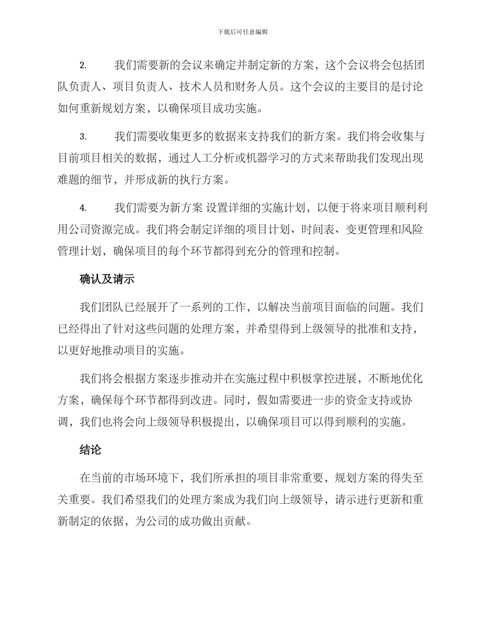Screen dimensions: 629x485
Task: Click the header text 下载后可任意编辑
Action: pos(243,32)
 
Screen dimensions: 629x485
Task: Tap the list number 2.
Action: pos(83,65)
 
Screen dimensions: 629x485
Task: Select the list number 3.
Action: pos(83,137)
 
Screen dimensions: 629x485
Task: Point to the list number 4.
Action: pos(83,208)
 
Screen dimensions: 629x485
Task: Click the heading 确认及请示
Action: pos(107,279)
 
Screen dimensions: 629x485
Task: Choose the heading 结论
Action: pos(90,450)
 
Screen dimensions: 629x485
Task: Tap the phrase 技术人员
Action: pos(201,87)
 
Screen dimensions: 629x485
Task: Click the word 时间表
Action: pos(317,230)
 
